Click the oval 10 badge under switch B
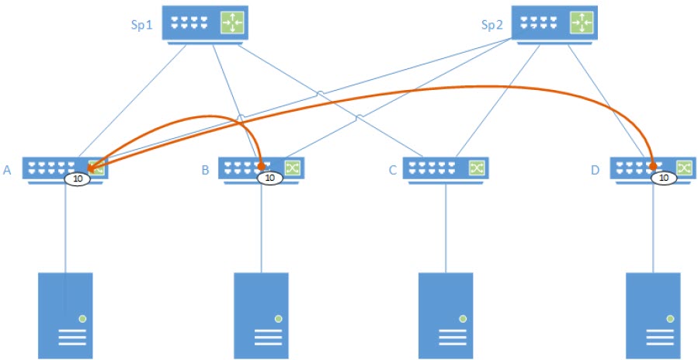point(269,178)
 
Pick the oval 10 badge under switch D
point(663,178)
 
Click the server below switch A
point(66,314)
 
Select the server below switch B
point(261,314)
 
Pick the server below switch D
point(653,314)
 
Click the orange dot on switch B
point(262,166)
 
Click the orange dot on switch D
point(654,166)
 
